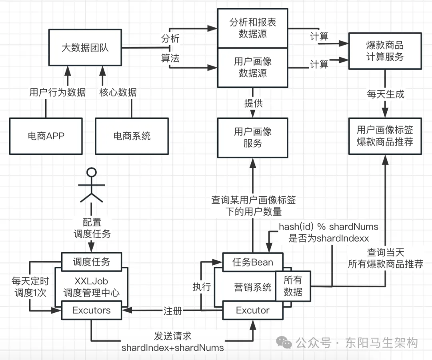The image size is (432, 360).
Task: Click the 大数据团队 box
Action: (x=85, y=47)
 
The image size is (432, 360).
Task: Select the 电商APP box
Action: (x=46, y=136)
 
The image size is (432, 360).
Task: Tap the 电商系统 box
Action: (x=132, y=136)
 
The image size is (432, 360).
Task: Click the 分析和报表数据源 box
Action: (x=253, y=28)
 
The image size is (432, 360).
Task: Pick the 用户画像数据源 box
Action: (x=253, y=68)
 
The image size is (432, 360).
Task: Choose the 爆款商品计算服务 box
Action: (x=385, y=51)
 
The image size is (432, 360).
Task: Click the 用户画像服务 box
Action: (x=253, y=138)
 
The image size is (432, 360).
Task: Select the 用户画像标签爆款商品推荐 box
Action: (x=385, y=136)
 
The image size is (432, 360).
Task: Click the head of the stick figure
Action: (x=92, y=172)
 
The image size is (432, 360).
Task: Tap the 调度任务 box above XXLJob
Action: (x=92, y=262)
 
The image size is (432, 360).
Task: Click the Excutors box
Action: (x=92, y=310)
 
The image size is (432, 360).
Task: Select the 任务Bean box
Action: (x=253, y=262)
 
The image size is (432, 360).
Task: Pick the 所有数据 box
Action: (x=293, y=286)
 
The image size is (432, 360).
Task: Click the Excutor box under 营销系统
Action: (x=253, y=310)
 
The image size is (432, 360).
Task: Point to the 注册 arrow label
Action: (x=173, y=311)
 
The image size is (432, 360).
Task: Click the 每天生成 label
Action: (x=386, y=94)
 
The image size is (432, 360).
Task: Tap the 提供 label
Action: (x=254, y=103)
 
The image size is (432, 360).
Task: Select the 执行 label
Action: (x=202, y=287)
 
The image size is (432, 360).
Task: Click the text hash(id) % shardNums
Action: (x=328, y=227)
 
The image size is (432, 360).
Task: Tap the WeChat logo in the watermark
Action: (x=284, y=343)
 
